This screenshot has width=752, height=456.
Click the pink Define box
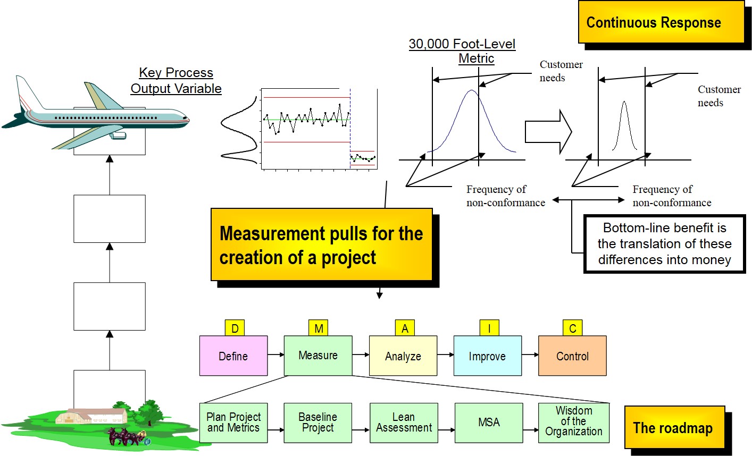click(233, 356)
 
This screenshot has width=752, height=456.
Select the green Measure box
click(318, 356)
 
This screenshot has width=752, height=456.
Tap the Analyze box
click(403, 356)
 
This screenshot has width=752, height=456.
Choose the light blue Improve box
click(487, 356)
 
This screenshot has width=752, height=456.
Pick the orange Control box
click(572, 356)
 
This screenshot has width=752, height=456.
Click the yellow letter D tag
click(235, 328)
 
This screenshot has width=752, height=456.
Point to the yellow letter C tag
click(572, 328)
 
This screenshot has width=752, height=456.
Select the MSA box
click(489, 423)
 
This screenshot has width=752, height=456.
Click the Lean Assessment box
click(404, 423)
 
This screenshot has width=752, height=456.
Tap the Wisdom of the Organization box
click(573, 423)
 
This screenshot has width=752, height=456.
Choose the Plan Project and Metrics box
click(233, 423)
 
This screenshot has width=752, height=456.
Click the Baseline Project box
click(318, 423)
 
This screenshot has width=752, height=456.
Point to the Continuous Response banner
click(661, 22)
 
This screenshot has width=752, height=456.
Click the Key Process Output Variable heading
click(176, 81)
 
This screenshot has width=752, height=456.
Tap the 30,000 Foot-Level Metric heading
click(462, 51)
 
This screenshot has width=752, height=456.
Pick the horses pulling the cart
click(123, 436)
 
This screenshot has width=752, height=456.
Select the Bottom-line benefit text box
click(664, 244)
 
